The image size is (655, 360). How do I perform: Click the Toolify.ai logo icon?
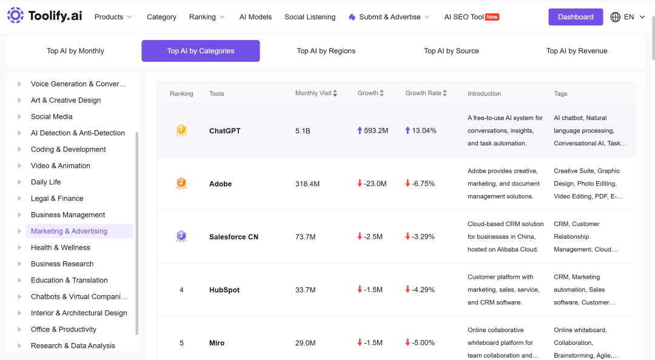(x=15, y=15)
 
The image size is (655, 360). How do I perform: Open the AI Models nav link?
(x=255, y=17)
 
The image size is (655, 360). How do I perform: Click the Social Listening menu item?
(x=310, y=17)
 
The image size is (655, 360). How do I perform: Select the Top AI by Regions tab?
(x=326, y=51)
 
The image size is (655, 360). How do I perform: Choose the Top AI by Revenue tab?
(x=577, y=51)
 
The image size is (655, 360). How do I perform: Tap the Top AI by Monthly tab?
(x=75, y=51)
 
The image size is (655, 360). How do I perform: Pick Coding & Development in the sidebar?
(x=68, y=150)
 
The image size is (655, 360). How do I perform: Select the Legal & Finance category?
(x=57, y=198)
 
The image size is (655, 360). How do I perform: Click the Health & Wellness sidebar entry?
(x=60, y=248)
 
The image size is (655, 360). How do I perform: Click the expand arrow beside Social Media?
(x=19, y=116)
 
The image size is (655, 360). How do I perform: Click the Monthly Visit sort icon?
(x=335, y=93)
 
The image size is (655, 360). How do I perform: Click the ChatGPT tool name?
(x=225, y=131)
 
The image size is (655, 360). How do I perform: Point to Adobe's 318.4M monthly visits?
(x=307, y=184)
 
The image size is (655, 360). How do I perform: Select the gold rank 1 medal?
(x=181, y=130)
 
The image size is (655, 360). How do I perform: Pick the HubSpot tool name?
(x=224, y=290)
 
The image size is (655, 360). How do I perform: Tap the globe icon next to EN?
(x=616, y=17)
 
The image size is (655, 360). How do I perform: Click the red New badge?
(x=492, y=17)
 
